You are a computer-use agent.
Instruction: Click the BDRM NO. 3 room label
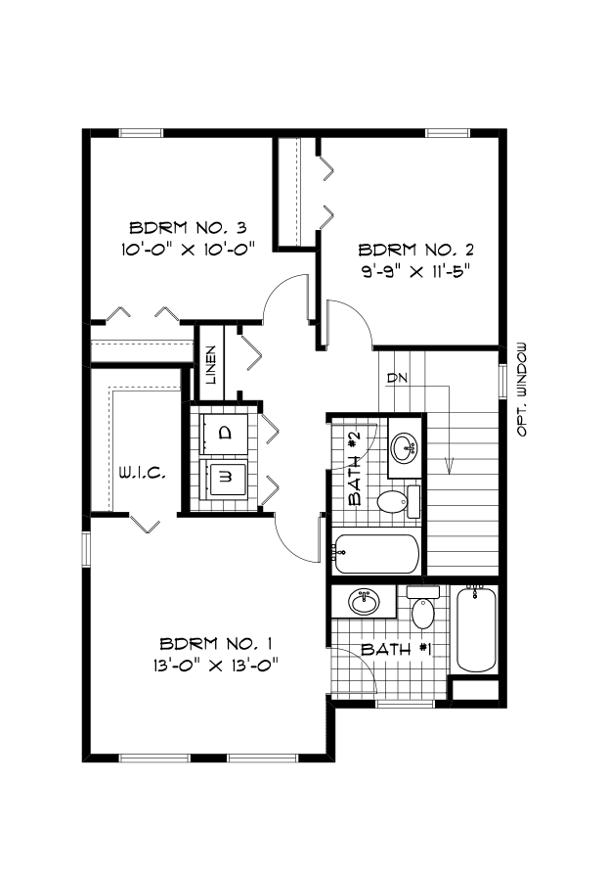click(x=189, y=227)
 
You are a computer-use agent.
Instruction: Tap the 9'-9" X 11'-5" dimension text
click(x=414, y=271)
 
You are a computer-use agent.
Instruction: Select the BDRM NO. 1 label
click(x=216, y=644)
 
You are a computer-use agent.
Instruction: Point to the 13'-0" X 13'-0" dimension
click(x=215, y=665)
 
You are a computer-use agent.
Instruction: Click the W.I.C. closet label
click(x=143, y=474)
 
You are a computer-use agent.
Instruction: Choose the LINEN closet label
click(x=211, y=366)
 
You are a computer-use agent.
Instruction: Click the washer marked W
click(x=225, y=478)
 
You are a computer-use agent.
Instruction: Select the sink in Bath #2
click(x=406, y=447)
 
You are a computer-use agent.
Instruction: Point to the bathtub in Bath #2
click(x=375, y=554)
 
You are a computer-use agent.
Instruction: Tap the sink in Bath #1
click(x=365, y=602)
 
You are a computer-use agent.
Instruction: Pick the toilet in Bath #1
click(x=423, y=607)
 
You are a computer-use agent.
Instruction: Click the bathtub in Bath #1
click(x=476, y=629)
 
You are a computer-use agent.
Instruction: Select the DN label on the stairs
click(x=397, y=378)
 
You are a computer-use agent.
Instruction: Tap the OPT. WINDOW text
click(x=522, y=390)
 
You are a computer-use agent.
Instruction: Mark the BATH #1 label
click(x=397, y=650)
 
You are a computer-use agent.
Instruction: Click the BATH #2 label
click(x=355, y=469)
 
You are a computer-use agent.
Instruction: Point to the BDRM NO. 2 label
click(x=415, y=250)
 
